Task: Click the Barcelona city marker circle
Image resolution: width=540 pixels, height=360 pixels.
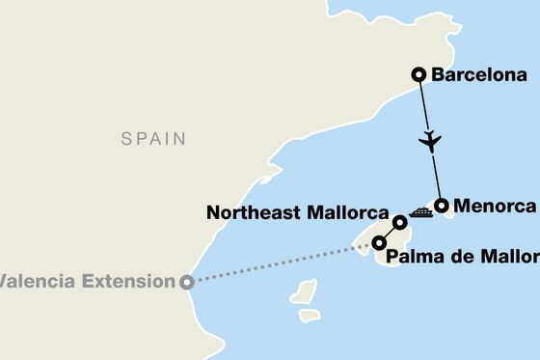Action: click(x=418, y=73)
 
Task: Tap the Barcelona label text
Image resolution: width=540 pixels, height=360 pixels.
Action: click(x=479, y=74)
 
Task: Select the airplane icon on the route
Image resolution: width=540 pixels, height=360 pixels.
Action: click(x=430, y=141)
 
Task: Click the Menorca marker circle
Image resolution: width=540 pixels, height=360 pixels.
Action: click(x=442, y=205)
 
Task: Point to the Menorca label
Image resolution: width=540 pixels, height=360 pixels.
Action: click(x=496, y=206)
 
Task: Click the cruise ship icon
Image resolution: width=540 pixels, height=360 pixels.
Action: click(x=420, y=212)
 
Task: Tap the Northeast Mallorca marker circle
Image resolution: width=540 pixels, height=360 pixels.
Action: click(x=401, y=223)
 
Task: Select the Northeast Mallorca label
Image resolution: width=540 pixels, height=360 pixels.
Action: click(x=296, y=213)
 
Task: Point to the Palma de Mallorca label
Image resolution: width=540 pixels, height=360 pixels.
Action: click(x=461, y=257)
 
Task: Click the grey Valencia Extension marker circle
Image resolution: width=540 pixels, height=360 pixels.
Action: click(x=186, y=282)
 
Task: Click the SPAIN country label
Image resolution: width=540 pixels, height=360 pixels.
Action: click(x=153, y=139)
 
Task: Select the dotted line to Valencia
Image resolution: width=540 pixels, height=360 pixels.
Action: click(x=280, y=263)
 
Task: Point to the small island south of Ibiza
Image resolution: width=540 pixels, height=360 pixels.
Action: click(x=309, y=315)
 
